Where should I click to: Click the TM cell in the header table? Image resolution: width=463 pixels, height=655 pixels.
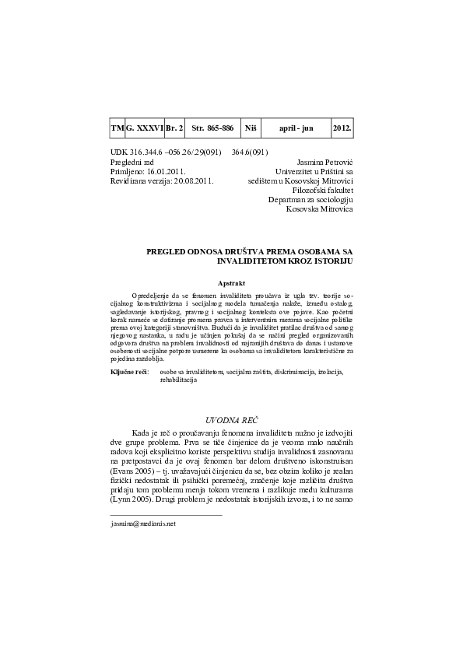coord(118,127)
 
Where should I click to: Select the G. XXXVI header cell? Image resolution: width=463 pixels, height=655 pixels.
coord(145,127)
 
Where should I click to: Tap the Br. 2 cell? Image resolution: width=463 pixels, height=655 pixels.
coord(175,127)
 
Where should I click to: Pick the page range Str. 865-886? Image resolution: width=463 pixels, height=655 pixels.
coord(212,127)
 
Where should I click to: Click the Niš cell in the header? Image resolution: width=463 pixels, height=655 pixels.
coord(251,127)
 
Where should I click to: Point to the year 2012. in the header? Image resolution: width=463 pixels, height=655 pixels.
coord(342,127)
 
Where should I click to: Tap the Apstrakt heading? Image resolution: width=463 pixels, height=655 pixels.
coord(231,285)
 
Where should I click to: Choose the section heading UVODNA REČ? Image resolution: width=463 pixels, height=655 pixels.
coord(231,420)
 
